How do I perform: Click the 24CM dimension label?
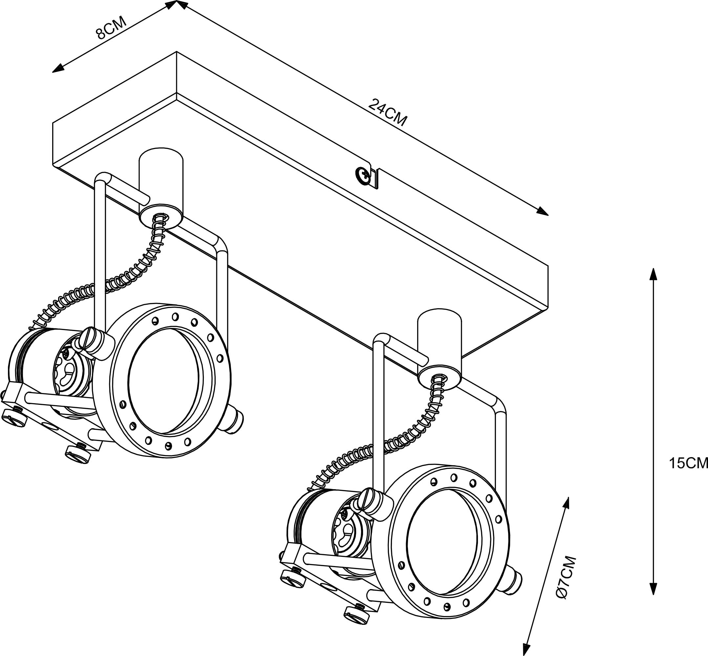pyautogui.click(x=388, y=112)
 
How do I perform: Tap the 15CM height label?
pyautogui.click(x=688, y=463)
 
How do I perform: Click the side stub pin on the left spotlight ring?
pyautogui.click(x=235, y=420)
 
